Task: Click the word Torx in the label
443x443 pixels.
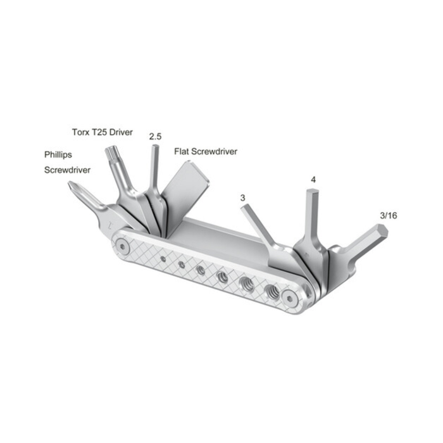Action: pyautogui.click(x=80, y=132)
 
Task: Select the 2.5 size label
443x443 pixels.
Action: pyautogui.click(x=155, y=136)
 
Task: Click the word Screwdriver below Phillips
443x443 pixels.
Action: pyautogui.click(x=68, y=170)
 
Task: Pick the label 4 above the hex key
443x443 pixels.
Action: pyautogui.click(x=313, y=180)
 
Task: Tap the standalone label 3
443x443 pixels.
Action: pyautogui.click(x=243, y=198)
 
